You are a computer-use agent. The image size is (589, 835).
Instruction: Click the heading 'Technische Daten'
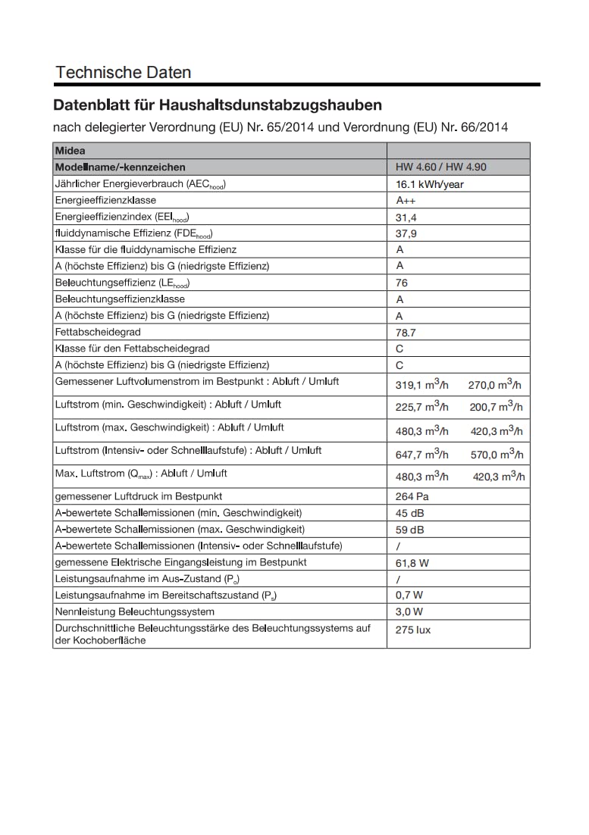[123, 73]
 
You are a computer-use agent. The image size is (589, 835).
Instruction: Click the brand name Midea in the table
[70, 151]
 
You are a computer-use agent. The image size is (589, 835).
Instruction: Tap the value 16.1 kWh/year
[429, 184]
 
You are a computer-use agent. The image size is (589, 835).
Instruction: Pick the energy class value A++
[406, 201]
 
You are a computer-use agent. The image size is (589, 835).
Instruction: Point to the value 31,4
[406, 217]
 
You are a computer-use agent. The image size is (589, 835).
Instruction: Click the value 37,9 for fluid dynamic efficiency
[406, 233]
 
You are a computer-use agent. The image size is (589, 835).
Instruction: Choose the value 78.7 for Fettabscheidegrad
[406, 333]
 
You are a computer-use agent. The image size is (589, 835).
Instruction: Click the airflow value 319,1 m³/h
[421, 384]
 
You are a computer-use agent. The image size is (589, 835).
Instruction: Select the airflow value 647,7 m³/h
[421, 454]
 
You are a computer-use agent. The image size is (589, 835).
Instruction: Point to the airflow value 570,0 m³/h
[497, 454]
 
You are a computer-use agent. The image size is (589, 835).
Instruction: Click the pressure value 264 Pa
[412, 496]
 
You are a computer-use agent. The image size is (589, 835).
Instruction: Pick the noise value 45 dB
[410, 513]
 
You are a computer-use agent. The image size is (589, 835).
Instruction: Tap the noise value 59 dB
[410, 530]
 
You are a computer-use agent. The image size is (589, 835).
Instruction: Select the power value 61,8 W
[412, 563]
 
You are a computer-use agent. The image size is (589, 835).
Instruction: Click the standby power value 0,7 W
[409, 596]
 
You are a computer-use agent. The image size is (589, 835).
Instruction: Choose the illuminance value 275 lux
[413, 630]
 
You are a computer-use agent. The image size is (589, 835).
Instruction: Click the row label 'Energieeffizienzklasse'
[105, 200]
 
